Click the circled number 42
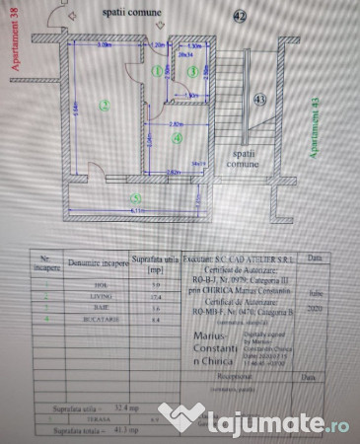click(242, 16)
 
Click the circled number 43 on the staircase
click(259, 100)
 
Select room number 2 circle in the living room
click(103, 104)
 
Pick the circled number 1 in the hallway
click(157, 71)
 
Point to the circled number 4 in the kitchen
click(177, 139)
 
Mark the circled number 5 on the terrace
click(136, 197)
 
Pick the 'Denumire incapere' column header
click(92, 262)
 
